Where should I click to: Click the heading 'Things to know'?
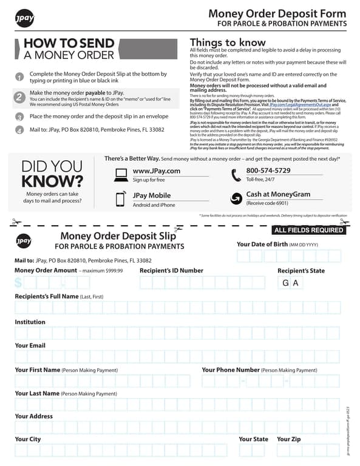pos(228,42)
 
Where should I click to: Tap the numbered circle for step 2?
pos(19,97)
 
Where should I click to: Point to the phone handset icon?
pos(236,175)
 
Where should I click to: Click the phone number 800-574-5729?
pos(268,171)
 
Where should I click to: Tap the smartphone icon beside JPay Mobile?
pos(121,199)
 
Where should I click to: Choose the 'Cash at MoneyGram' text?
pos(278,194)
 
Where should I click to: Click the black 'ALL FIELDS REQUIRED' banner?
pos(309,230)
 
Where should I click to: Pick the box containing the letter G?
pos(286,283)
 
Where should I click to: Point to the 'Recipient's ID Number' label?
pos(171,271)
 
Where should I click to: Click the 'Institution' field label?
pos(30,322)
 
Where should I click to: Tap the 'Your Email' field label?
pos(30,345)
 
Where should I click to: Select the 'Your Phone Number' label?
pos(231,370)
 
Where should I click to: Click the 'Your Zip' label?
pos(288,439)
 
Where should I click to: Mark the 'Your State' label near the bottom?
pos(253,439)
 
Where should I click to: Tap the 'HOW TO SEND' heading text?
pos(69,43)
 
